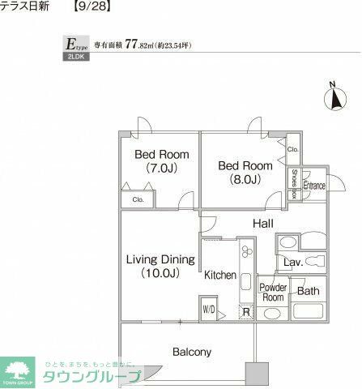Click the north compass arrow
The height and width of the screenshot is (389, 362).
[332, 98]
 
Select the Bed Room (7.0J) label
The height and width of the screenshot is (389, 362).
[161, 161]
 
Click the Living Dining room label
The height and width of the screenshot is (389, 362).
[160, 266]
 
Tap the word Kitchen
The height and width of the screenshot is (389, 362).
[219, 276]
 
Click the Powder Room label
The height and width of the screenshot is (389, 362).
[273, 293]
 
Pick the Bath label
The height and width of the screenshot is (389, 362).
[307, 291]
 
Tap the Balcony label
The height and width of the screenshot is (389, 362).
[192, 352]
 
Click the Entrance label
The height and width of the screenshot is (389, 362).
[313, 186]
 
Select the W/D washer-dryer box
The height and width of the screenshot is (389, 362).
[209, 309]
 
